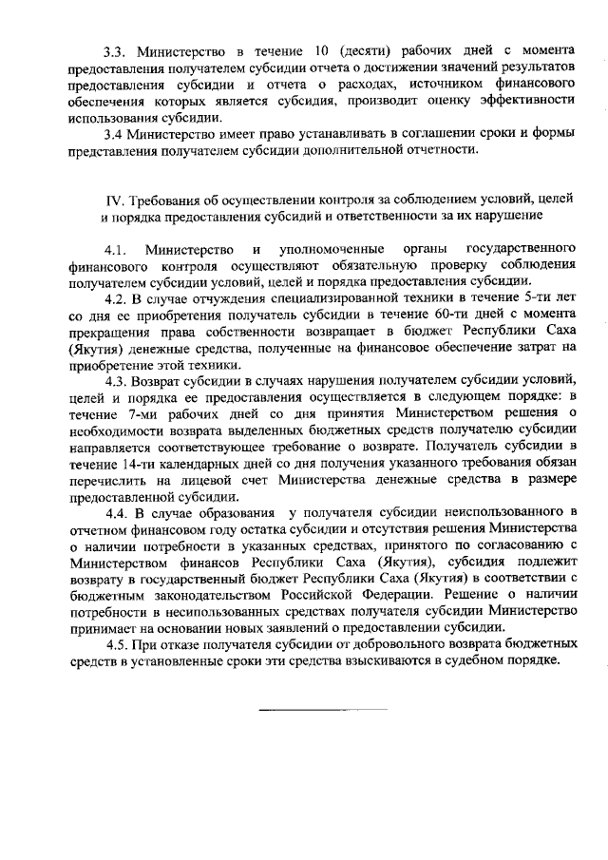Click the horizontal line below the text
(x=323, y=709)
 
